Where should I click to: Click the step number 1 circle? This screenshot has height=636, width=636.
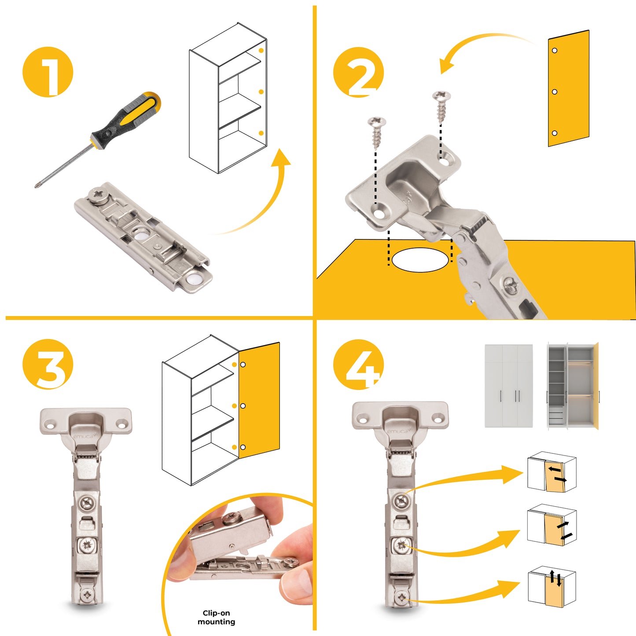click(48, 72)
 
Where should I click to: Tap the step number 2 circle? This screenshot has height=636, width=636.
click(358, 72)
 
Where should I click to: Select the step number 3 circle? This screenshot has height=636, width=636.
click(48, 364)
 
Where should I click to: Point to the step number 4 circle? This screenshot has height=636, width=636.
click(358, 364)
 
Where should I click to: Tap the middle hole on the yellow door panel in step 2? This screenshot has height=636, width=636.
click(555, 92)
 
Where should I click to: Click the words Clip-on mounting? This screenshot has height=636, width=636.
click(216, 617)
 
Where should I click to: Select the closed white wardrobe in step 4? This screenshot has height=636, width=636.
click(509, 386)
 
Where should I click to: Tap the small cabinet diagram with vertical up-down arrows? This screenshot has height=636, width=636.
click(552, 589)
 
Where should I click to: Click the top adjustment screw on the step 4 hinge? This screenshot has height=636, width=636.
click(401, 501)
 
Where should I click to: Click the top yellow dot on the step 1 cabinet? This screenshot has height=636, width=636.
click(261, 51)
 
